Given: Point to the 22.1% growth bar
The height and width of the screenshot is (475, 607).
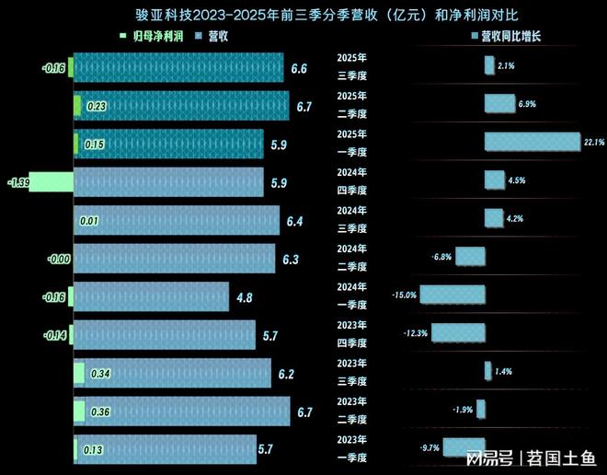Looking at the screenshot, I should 533,142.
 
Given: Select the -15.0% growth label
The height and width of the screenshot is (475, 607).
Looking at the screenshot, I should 405,295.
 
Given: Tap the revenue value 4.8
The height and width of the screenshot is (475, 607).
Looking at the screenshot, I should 245,296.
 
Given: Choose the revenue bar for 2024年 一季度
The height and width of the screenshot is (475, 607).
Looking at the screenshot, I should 151,296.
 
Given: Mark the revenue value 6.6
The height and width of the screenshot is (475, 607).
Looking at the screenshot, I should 299,68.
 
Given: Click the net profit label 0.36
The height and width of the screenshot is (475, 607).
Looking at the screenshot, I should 99,411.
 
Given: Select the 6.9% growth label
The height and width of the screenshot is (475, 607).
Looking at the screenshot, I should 527,104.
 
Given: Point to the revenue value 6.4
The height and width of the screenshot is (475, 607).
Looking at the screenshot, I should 294,221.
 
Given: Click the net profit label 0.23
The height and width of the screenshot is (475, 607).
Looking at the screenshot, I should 96,107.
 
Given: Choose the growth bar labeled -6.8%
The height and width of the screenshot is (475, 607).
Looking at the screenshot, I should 470,257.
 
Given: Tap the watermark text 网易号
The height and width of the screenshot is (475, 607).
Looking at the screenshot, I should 487,457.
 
